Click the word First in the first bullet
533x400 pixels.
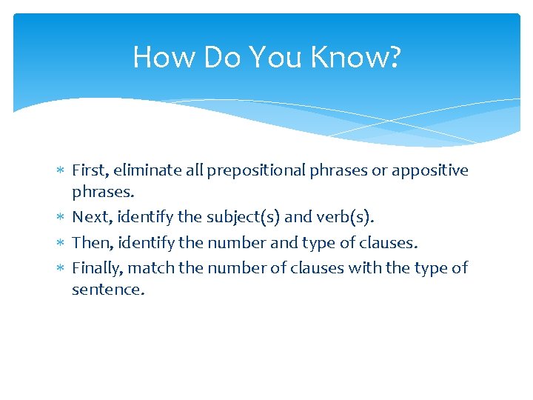point(88,170)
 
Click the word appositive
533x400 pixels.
point(430,170)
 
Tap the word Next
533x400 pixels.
point(88,218)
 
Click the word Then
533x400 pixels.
point(88,242)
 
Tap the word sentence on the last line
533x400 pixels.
point(107,290)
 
